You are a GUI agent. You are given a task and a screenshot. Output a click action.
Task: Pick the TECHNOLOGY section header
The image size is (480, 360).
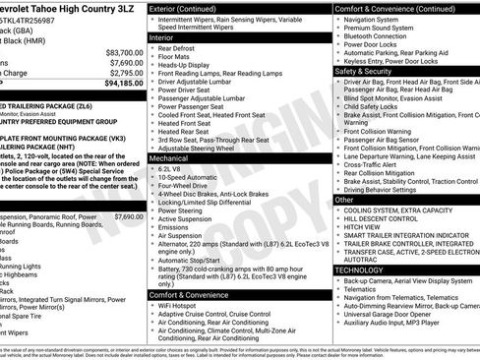(x=360, y=269)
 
